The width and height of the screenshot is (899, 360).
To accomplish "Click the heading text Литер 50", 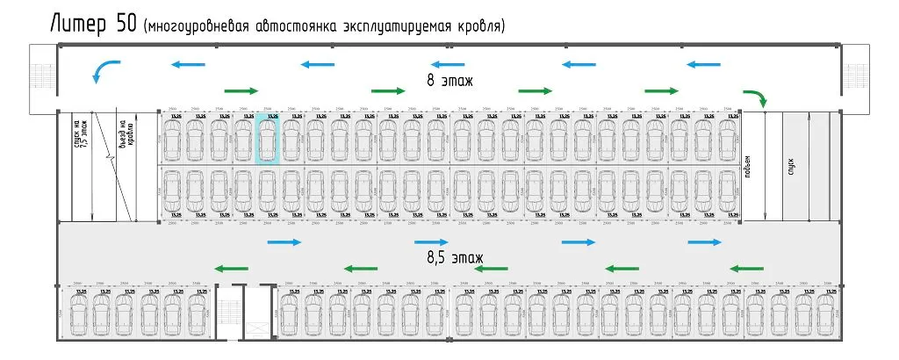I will click(92, 24).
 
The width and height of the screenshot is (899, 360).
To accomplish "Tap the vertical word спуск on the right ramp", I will click(791, 167).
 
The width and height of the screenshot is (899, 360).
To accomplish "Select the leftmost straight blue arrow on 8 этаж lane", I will click(189, 63).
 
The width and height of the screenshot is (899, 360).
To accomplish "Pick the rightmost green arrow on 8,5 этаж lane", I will click(746, 269).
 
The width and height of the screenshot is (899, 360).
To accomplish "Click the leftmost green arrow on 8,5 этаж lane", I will click(231, 269).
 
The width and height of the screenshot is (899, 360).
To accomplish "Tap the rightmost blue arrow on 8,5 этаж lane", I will click(704, 242).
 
